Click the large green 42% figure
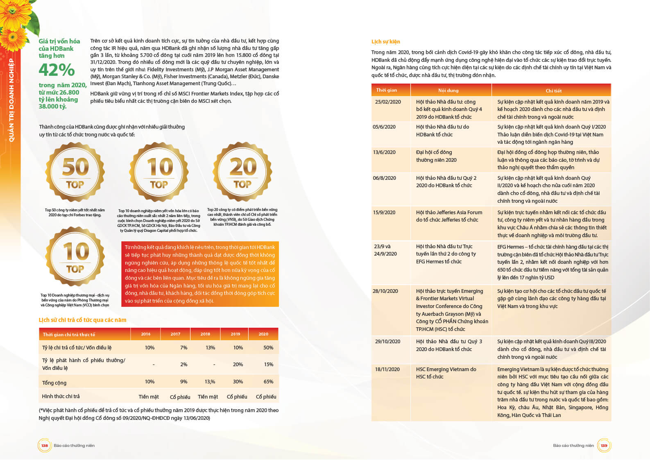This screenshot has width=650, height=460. pos(57,70)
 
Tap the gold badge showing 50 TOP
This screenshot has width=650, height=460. pos(75,172)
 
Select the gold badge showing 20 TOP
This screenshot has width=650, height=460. pos(242,172)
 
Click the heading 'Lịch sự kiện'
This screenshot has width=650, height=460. pos(385,42)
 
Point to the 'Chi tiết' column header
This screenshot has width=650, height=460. pos(553,91)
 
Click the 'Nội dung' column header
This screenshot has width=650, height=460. pos(448,91)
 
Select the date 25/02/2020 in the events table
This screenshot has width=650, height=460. pos(388,102)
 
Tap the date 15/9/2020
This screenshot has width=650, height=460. pos(384,213)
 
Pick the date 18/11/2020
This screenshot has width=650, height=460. pos(387,369)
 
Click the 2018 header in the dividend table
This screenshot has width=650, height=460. pos(205,334)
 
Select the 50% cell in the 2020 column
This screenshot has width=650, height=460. pos(268,348)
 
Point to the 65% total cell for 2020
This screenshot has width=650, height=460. pos(268,382)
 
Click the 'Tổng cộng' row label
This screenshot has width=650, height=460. pos(54,383)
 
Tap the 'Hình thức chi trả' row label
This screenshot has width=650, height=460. pos(61,397)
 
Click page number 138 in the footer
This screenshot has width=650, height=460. pos(44,446)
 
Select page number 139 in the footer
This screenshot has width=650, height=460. pos(604,446)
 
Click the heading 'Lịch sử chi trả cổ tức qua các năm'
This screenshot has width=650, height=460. pos(82,320)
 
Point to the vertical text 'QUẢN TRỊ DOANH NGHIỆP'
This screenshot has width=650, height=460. pos(11,100)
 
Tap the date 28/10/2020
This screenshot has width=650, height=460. pos(385,291)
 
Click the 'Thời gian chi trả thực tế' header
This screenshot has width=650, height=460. pos(69,335)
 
